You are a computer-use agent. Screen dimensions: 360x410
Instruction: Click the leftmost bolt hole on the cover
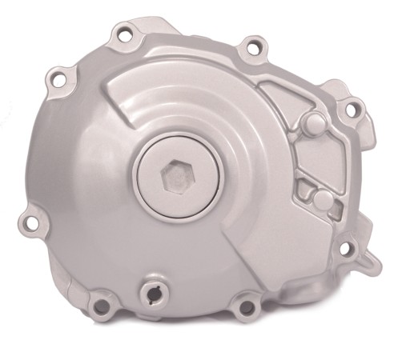pos(33,218)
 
